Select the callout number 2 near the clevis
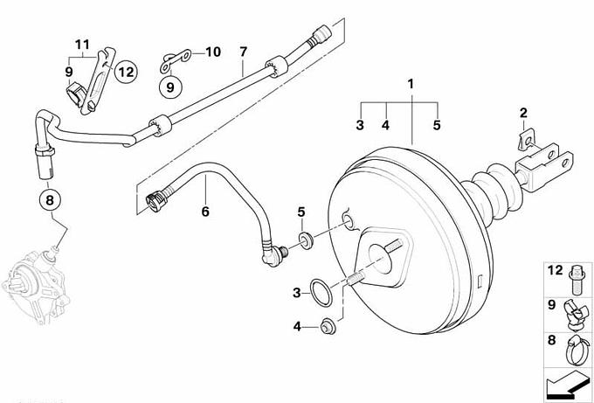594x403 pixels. (x=523, y=112)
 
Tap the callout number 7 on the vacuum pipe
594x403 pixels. (x=243, y=52)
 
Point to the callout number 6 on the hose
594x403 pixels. (x=205, y=211)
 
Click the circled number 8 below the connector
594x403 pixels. (x=50, y=200)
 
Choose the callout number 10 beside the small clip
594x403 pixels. (x=214, y=52)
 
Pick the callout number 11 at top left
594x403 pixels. (x=81, y=45)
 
